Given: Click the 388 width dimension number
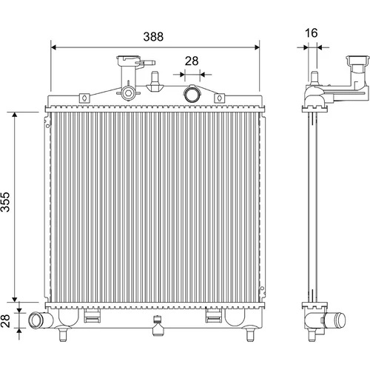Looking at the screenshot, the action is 153,36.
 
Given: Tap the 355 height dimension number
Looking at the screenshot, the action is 5,202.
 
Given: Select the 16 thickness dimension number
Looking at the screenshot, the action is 311,33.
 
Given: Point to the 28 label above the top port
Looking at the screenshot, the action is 192,61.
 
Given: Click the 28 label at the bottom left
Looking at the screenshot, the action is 5,320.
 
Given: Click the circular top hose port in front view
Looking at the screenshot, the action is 191,94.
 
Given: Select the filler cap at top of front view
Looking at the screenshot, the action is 129,61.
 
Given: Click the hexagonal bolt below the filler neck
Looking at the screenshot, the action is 128,93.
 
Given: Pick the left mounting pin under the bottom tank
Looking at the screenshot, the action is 63,334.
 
